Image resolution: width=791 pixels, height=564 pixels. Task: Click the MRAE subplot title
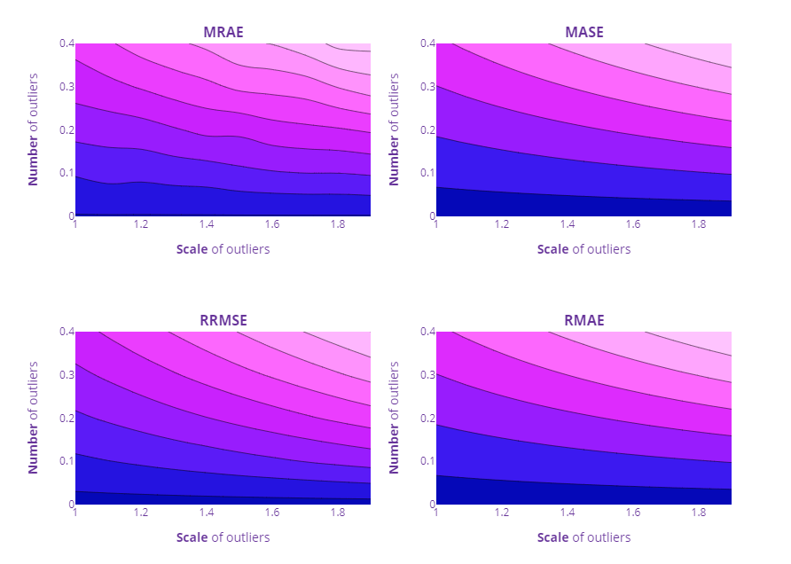pyautogui.click(x=223, y=33)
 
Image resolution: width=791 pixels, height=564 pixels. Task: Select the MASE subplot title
pyautogui.click(x=583, y=33)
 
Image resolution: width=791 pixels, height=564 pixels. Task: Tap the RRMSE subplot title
pyautogui.click(x=223, y=320)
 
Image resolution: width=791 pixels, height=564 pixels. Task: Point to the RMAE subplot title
pyautogui.click(x=583, y=320)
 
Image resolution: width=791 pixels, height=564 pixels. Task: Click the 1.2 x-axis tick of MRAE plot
pyautogui.click(x=141, y=225)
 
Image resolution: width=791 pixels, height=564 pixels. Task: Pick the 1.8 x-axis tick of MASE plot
pyautogui.click(x=699, y=225)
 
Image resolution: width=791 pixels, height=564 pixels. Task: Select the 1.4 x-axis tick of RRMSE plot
pyautogui.click(x=207, y=513)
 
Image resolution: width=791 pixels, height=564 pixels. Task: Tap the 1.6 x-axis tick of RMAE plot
pyautogui.click(x=633, y=513)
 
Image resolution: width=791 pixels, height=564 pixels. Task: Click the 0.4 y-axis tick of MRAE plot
pyautogui.click(x=66, y=43)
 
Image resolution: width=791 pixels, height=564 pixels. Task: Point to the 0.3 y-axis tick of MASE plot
pyautogui.click(x=427, y=87)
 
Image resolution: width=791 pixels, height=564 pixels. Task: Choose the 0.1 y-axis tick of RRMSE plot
pyautogui.click(x=66, y=461)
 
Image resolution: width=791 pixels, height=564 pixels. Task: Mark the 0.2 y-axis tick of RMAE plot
pyautogui.click(x=427, y=418)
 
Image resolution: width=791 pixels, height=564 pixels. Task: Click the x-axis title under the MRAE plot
pyautogui.click(x=223, y=249)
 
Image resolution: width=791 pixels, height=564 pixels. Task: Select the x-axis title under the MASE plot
pyautogui.click(x=583, y=249)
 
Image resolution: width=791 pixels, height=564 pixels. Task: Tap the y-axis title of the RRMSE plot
pyautogui.click(x=34, y=418)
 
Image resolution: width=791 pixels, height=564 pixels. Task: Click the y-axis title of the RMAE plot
pyautogui.click(x=395, y=418)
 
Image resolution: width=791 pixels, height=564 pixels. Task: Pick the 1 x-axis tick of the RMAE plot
pyautogui.click(x=436, y=513)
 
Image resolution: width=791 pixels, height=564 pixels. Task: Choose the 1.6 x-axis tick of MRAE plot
pyautogui.click(x=272, y=225)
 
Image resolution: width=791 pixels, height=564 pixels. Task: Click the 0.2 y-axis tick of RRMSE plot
pyautogui.click(x=66, y=418)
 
